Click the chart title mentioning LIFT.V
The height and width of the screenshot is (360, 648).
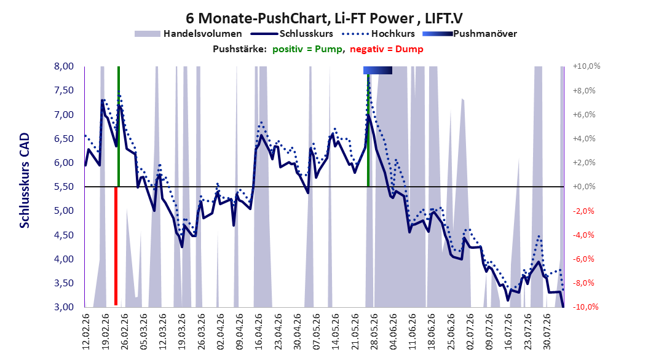tap(324, 18)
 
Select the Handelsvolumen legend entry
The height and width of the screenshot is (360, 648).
tap(189, 34)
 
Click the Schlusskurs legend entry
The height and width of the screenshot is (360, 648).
tap(292, 34)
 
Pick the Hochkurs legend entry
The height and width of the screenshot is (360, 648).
tap(379, 34)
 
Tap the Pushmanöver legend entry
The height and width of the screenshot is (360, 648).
tap(470, 34)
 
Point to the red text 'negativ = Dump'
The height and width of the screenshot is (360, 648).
tap(387, 49)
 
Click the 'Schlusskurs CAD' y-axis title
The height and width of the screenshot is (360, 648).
tap(25, 181)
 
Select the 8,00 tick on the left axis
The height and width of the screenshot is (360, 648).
tap(64, 66)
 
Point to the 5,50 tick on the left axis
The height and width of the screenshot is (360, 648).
tap(64, 187)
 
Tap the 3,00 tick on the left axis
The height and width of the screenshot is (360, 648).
tap(64, 307)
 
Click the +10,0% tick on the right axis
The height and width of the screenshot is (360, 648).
tap(587, 66)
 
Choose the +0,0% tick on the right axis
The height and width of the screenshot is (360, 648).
tap(584, 187)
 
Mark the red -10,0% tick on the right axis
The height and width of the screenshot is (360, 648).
tap(585, 307)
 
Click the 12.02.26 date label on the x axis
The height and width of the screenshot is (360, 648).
tap(86, 331)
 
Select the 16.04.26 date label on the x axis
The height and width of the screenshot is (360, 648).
tap(258, 331)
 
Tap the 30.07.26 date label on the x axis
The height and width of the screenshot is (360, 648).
tap(547, 331)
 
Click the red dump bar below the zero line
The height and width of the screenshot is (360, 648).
tap(116, 246)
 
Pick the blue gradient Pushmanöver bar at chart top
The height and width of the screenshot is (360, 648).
tap(377, 71)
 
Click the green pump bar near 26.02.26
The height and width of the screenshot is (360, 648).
tap(119, 127)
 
